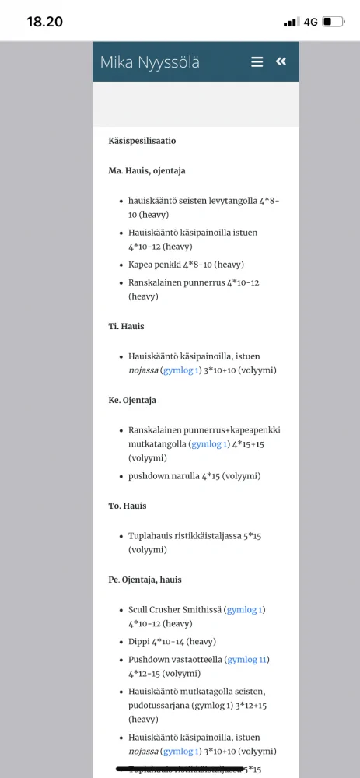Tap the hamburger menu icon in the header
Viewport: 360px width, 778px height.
tap(257, 62)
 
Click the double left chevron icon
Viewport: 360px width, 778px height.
tap(281, 61)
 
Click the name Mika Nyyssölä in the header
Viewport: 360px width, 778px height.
tap(150, 62)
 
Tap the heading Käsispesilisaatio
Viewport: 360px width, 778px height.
tap(142, 141)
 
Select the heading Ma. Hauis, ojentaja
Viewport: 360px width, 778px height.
tap(147, 170)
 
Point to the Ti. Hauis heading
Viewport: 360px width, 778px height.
tap(127, 326)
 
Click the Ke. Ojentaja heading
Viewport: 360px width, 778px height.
tap(132, 400)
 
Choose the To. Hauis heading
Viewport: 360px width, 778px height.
tap(128, 506)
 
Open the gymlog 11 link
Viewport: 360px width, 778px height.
tap(247, 660)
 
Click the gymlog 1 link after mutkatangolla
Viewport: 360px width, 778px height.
tap(209, 444)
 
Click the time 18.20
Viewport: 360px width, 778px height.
tap(44, 22)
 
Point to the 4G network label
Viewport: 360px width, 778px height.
tap(310, 22)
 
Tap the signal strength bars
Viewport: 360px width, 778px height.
tap(291, 22)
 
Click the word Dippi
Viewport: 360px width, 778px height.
tap(140, 642)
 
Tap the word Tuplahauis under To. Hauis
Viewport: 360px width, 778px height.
tap(151, 537)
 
